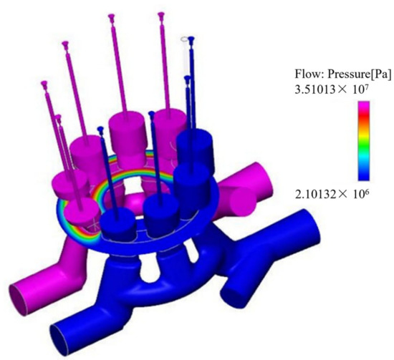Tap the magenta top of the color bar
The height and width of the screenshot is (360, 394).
364,105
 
